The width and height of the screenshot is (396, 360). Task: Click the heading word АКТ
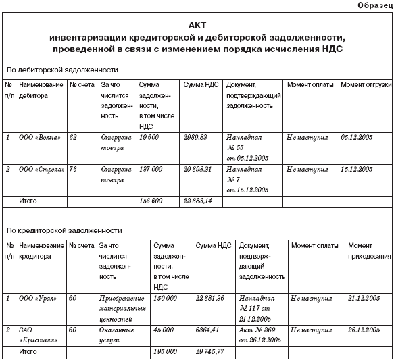[198, 24]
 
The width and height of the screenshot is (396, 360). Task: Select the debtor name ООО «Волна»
[41, 138]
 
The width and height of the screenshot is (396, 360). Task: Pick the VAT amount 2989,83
[197, 138]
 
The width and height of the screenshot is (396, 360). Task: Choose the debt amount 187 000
[152, 169]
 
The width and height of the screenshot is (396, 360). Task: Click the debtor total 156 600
[151, 201]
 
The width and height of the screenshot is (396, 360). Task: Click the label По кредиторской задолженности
[64, 230]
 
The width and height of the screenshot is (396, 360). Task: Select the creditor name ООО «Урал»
[39, 298]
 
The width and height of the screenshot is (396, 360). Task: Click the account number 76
[74, 169]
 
